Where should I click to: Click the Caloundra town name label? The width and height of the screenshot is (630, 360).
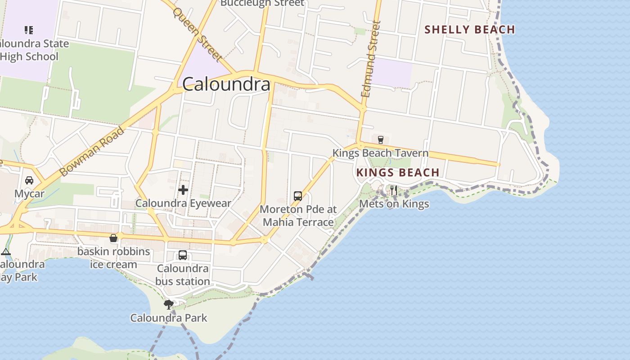click(226, 84)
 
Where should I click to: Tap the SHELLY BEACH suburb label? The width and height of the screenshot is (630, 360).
click(470, 30)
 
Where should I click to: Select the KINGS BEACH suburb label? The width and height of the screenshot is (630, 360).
click(398, 172)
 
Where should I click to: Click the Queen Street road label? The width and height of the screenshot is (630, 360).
click(197, 34)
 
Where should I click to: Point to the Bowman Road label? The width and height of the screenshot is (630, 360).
click(92, 152)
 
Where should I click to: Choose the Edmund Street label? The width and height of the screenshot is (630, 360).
click(371, 59)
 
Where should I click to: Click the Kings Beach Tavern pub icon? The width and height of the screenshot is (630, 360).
click(381, 139)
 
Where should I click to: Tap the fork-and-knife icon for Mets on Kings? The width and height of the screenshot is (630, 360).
click(394, 190)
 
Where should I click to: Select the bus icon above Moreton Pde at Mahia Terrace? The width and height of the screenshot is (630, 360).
click(298, 196)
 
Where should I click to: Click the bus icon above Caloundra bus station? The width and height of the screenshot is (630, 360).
click(183, 255)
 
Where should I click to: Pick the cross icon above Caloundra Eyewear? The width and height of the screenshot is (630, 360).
click(183, 190)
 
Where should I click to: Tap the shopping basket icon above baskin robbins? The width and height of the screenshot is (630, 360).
click(113, 238)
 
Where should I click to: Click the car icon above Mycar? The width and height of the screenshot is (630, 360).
click(29, 180)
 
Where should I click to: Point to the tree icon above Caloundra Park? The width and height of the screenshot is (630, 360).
click(169, 305)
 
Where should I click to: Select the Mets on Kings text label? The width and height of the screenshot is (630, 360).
click(394, 204)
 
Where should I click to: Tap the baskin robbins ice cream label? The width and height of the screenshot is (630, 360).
click(113, 258)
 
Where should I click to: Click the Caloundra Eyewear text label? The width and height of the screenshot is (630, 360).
click(183, 203)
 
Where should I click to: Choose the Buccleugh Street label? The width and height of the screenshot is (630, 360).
click(262, 3)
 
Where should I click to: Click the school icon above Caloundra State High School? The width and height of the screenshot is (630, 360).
click(29, 30)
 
